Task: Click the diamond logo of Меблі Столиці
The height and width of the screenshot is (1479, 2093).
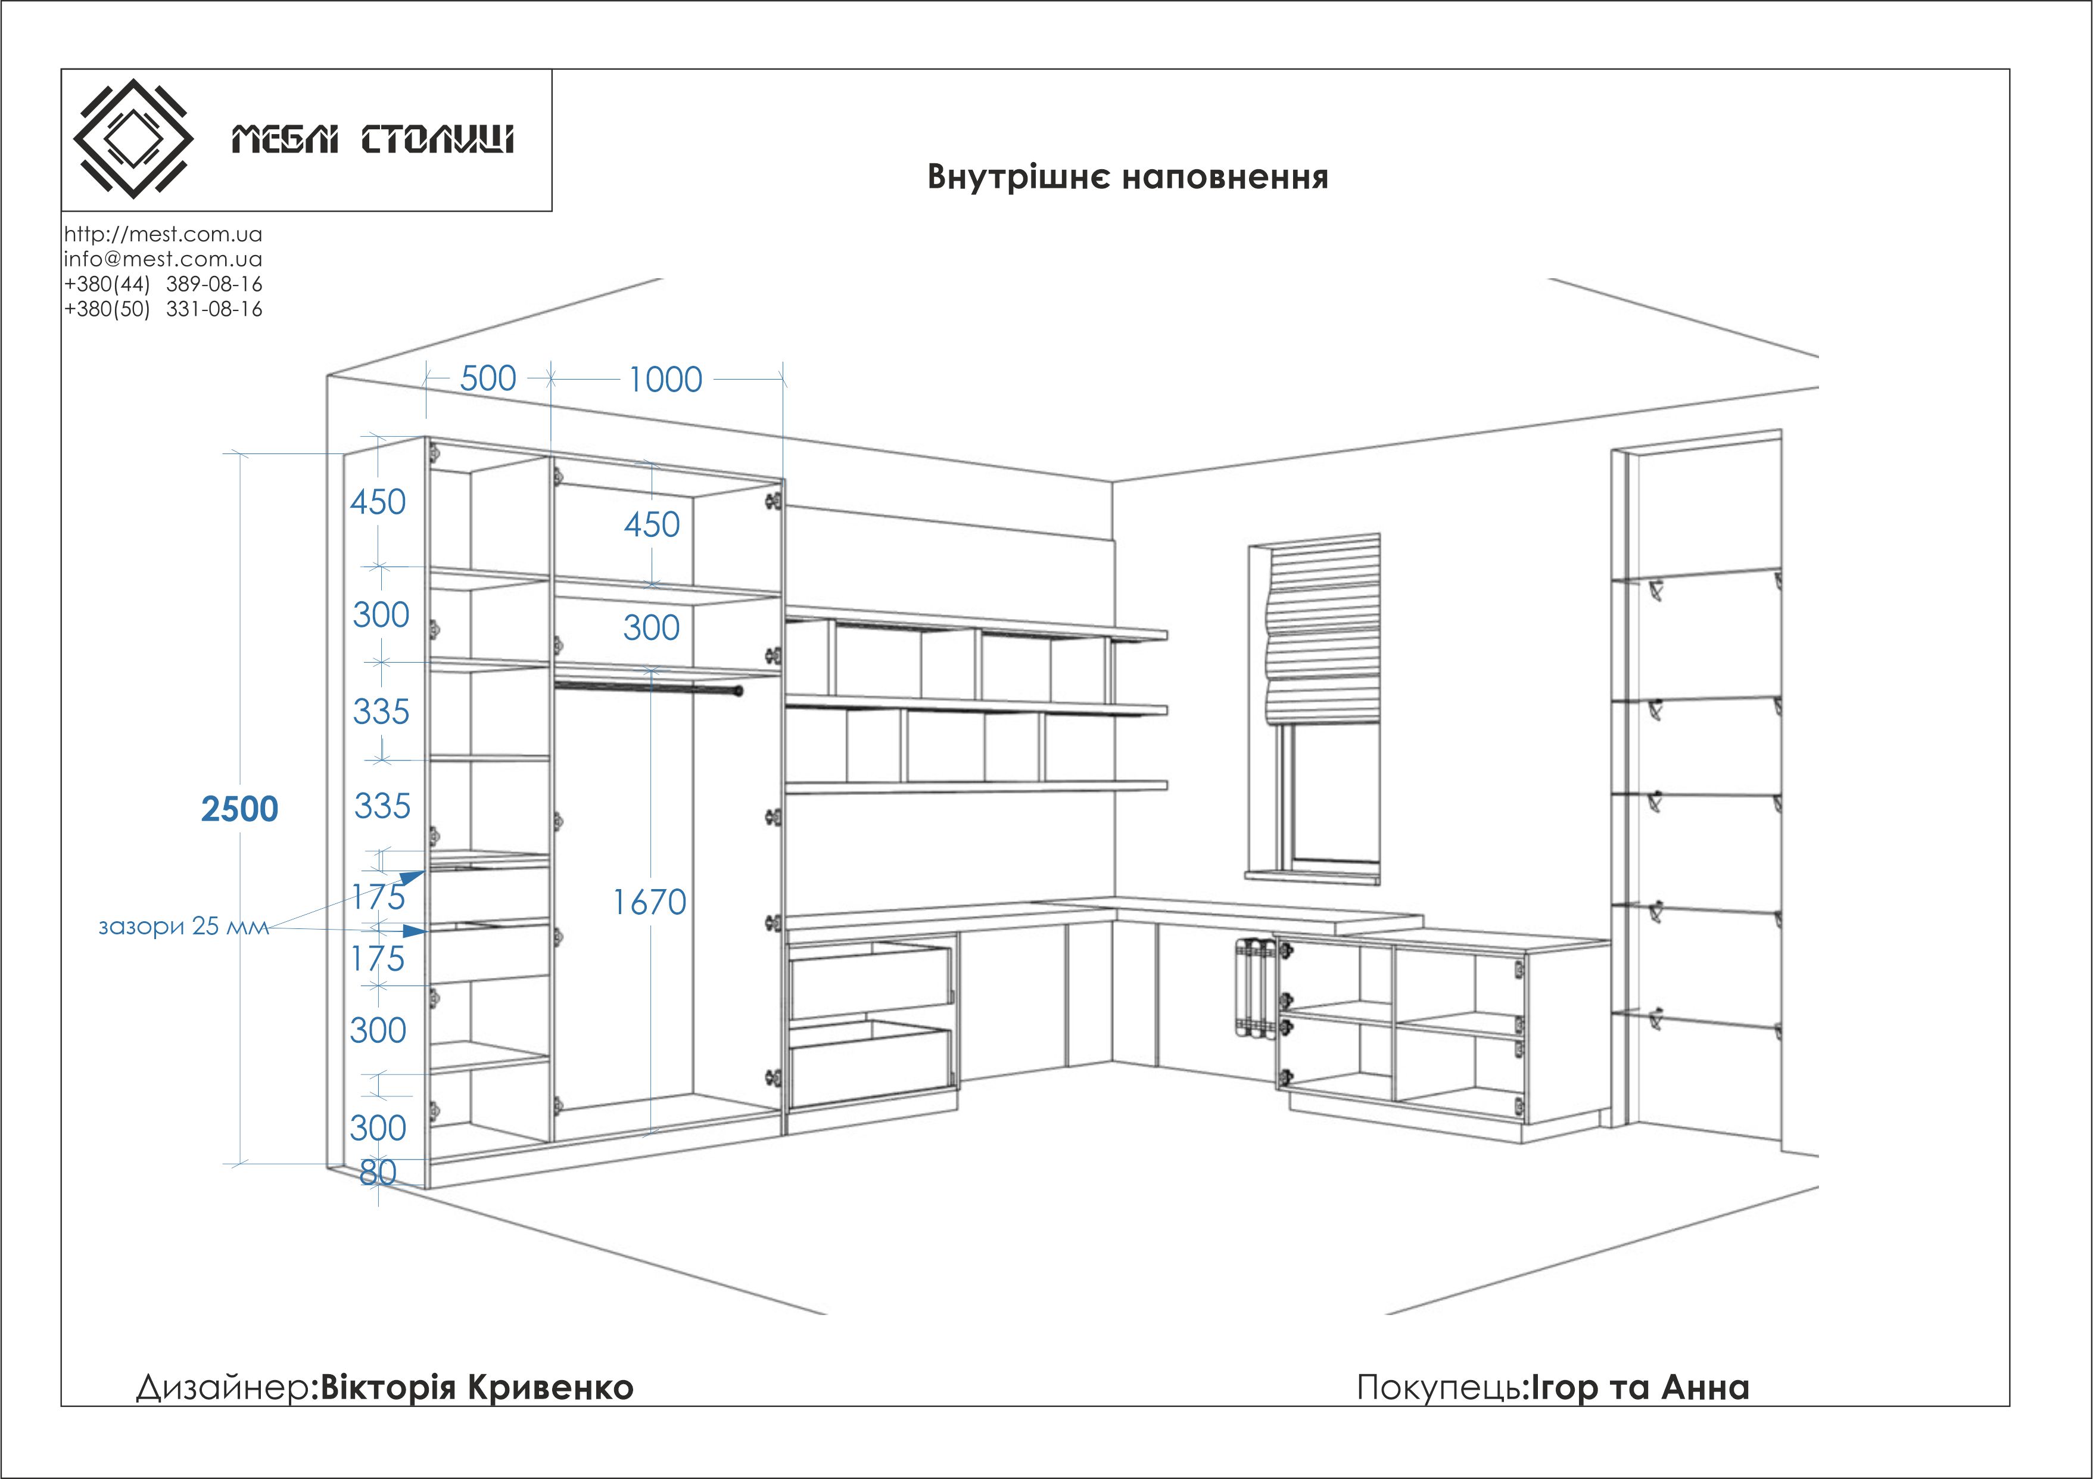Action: point(133,139)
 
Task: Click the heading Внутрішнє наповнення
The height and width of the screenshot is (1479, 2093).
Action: point(1128,177)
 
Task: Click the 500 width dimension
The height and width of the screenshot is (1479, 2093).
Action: point(488,378)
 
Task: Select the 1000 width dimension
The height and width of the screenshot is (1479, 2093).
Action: point(665,380)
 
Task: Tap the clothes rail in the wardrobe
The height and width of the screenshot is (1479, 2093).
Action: point(649,686)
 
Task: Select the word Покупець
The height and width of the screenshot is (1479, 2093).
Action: point(1438,1387)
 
